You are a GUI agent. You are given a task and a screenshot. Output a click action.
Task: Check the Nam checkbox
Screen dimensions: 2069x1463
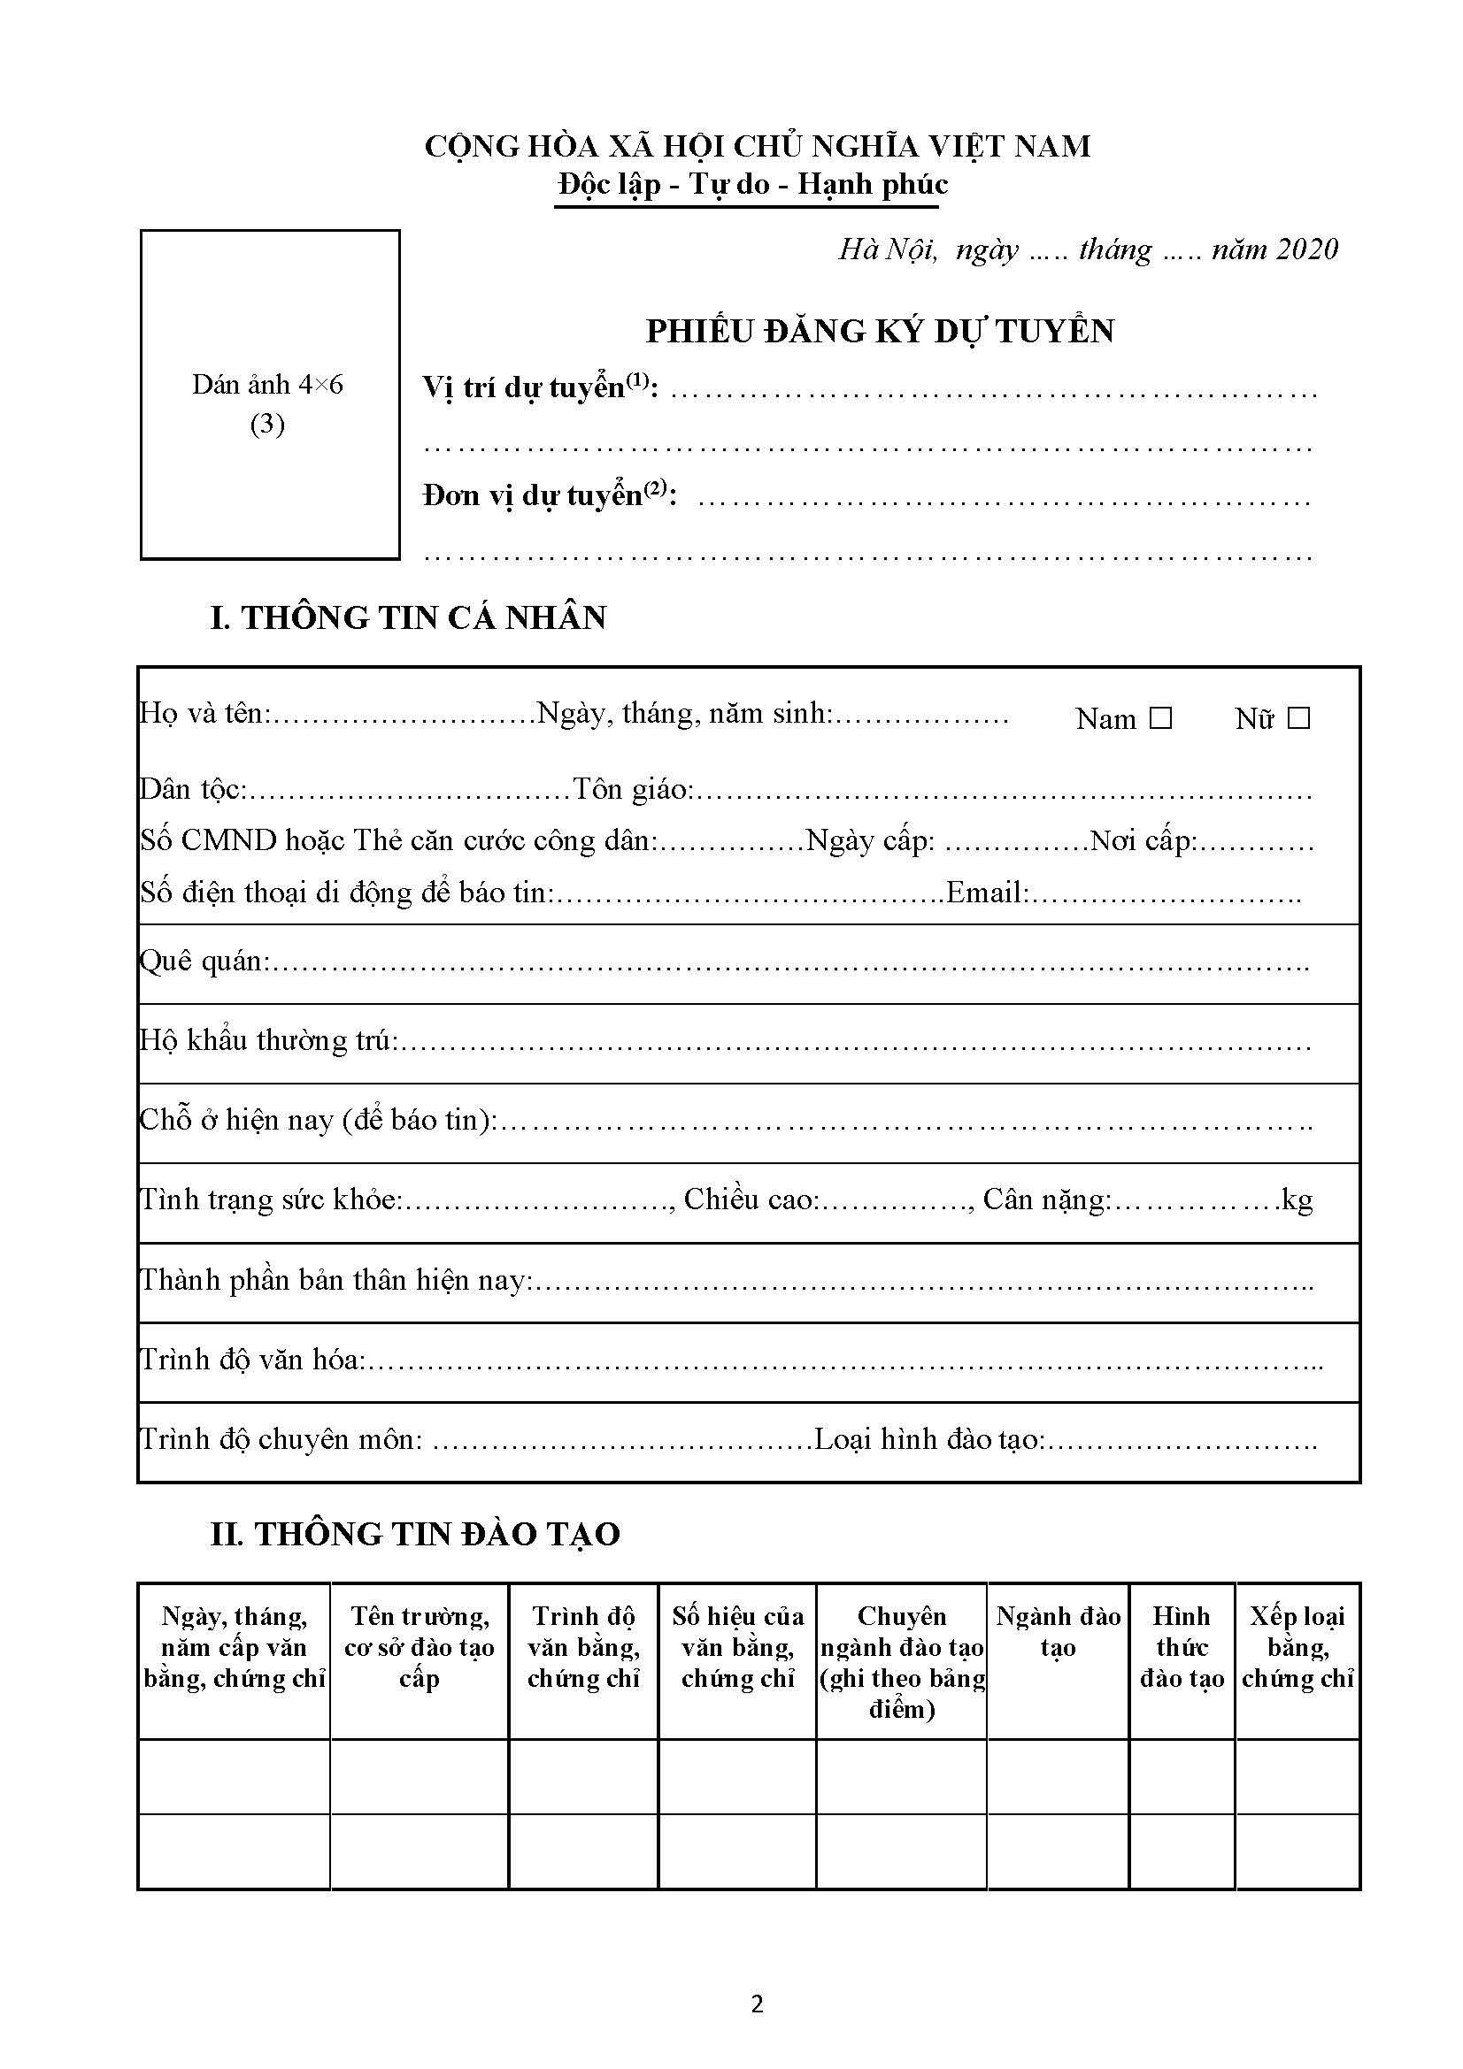coord(1161,718)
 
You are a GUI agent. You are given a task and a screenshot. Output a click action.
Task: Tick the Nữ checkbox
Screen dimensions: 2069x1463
coord(1298,718)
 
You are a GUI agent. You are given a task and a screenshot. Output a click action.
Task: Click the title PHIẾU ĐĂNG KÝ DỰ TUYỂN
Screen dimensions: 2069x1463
coord(880,332)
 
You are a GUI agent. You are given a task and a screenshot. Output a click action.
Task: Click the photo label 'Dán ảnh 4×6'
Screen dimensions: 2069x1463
coord(267,386)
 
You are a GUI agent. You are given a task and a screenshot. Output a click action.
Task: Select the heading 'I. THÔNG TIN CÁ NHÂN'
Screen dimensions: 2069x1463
coord(408,617)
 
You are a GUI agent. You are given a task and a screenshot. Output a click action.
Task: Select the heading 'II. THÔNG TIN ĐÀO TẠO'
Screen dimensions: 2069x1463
coord(415,1534)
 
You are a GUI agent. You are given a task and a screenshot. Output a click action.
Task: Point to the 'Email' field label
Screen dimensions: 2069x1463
coord(986,893)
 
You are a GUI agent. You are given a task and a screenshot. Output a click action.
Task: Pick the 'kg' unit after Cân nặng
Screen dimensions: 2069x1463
coord(1297,1200)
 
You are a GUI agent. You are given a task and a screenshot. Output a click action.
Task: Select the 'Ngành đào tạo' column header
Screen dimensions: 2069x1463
coord(1058,1631)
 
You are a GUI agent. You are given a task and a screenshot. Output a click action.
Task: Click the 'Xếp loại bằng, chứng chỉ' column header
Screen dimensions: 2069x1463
coord(1297,1646)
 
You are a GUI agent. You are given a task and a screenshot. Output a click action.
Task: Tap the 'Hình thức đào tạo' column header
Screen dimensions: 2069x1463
coord(1182,1646)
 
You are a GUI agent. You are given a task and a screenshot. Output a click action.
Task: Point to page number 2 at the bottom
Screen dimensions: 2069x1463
coord(758,2004)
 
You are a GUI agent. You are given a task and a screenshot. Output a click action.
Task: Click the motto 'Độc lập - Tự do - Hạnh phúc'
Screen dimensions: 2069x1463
coord(752,185)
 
